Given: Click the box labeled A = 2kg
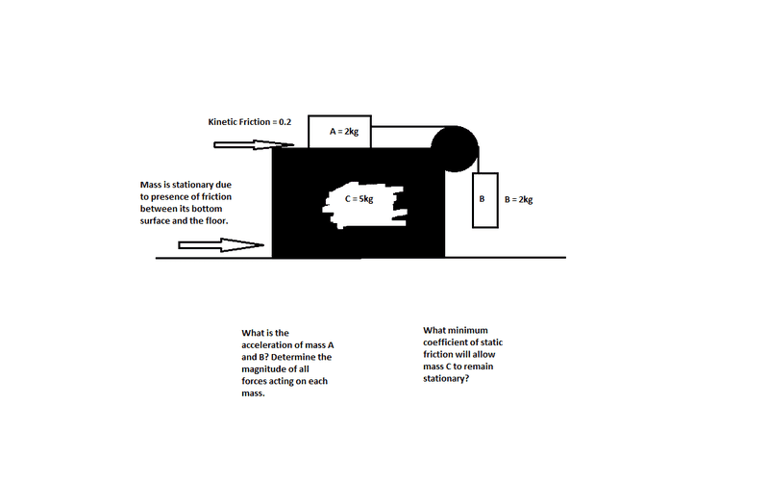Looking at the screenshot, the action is click(x=339, y=132).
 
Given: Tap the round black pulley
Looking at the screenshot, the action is click(x=455, y=149).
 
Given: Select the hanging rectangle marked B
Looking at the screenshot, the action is click(x=485, y=200).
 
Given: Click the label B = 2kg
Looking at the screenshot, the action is click(x=518, y=199).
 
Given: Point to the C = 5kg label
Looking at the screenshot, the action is click(x=359, y=199).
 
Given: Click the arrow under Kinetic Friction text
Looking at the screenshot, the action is click(x=254, y=145).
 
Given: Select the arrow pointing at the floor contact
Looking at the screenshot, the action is click(x=221, y=245).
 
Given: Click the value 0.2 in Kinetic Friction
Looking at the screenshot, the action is click(x=285, y=122).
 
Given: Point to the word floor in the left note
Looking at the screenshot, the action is click(x=217, y=221).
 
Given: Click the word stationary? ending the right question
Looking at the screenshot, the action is click(x=446, y=378).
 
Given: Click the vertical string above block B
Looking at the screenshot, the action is click(x=479, y=160).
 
